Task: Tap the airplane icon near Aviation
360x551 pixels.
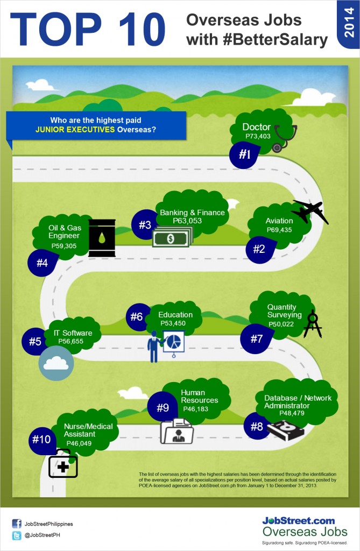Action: click(x=310, y=211)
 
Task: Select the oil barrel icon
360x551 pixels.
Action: click(x=102, y=238)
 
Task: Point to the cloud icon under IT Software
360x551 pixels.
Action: click(x=56, y=363)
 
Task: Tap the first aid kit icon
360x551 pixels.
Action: click(x=63, y=464)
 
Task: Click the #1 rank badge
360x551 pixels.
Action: click(x=245, y=155)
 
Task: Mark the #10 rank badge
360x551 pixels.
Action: click(x=41, y=440)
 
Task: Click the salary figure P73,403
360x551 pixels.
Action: click(x=257, y=137)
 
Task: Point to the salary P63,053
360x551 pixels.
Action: click(x=187, y=221)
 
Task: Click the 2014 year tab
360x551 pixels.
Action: click(x=348, y=26)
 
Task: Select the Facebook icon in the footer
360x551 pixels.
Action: click(x=17, y=524)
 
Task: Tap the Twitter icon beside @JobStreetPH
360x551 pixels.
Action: click(x=17, y=536)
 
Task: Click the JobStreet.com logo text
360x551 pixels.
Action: click(x=298, y=520)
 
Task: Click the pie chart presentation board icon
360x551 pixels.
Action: click(x=173, y=341)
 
